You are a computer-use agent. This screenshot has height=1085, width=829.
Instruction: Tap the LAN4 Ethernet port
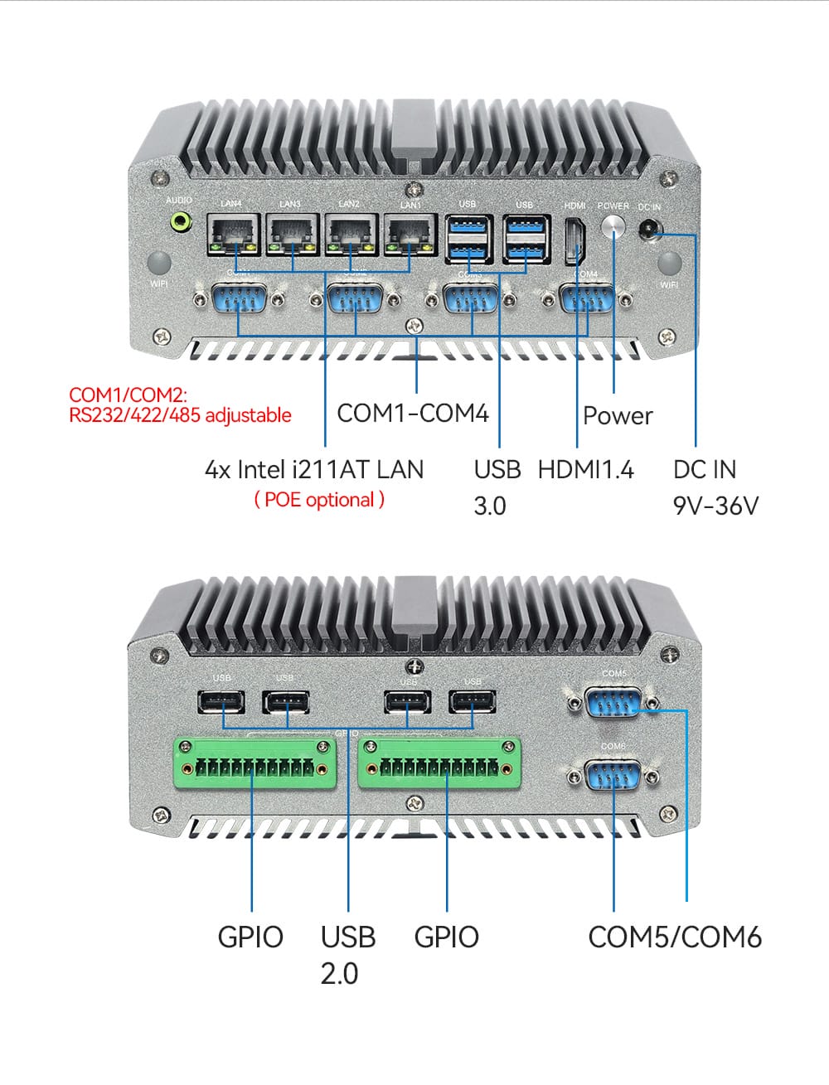[232, 235]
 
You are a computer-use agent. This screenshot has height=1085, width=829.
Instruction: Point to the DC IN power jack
[649, 226]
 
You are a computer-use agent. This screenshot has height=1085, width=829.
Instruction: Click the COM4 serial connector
[587, 299]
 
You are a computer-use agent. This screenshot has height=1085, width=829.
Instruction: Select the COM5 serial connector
[613, 702]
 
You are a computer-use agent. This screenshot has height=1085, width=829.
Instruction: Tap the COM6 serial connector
[613, 777]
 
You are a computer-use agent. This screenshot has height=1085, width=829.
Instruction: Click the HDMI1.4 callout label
[585, 469]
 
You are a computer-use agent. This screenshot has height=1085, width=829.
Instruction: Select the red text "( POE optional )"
[319, 500]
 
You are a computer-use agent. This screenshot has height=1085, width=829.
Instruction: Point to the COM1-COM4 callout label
[413, 413]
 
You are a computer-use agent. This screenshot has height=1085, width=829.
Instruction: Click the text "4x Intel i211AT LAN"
[313, 469]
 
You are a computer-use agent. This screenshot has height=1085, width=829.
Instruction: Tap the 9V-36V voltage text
[715, 505]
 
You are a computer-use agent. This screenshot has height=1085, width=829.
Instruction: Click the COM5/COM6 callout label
[674, 937]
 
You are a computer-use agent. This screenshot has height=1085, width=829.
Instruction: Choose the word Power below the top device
[618, 415]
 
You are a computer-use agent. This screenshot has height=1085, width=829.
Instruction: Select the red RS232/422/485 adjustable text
[180, 414]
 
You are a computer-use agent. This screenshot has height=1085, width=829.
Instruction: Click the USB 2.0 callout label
[347, 954]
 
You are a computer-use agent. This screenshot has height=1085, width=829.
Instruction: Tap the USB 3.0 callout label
[497, 487]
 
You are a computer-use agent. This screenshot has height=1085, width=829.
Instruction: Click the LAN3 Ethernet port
[292, 235]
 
